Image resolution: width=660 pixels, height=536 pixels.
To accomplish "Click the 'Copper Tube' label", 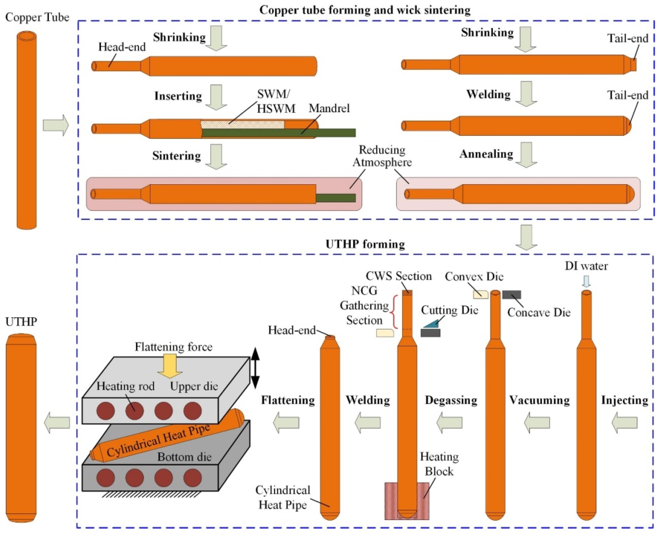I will [x=37, y=17].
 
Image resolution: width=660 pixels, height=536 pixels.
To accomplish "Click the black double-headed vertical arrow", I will [x=255, y=368].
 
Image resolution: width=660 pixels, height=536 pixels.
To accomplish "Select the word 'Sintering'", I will [x=176, y=156].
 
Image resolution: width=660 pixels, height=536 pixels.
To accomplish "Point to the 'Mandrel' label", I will [x=329, y=108].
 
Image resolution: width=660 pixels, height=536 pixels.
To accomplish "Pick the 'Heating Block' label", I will [x=439, y=464].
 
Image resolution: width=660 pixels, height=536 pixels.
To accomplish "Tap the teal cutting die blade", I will [x=431, y=324].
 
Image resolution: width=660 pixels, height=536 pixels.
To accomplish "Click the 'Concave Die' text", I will [x=539, y=312].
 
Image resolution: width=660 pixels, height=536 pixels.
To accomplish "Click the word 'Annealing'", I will [x=486, y=154].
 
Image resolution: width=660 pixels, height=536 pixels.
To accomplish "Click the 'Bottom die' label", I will [x=184, y=457].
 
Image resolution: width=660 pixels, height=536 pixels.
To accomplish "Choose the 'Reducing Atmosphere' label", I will [x=382, y=156].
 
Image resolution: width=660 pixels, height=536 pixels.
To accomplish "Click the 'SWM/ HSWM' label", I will [x=276, y=101].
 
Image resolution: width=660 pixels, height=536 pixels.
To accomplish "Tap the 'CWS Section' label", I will [x=398, y=276].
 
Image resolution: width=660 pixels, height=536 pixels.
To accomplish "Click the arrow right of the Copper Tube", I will [x=56, y=125].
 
